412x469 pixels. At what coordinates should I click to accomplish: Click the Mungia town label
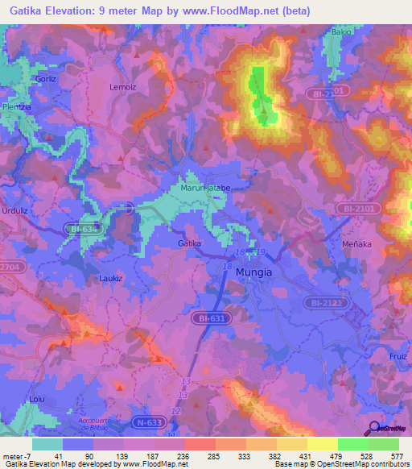pos(253,272)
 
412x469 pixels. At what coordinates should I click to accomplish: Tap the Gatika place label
pos(189,243)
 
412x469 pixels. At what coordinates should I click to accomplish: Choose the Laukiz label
pos(111,278)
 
